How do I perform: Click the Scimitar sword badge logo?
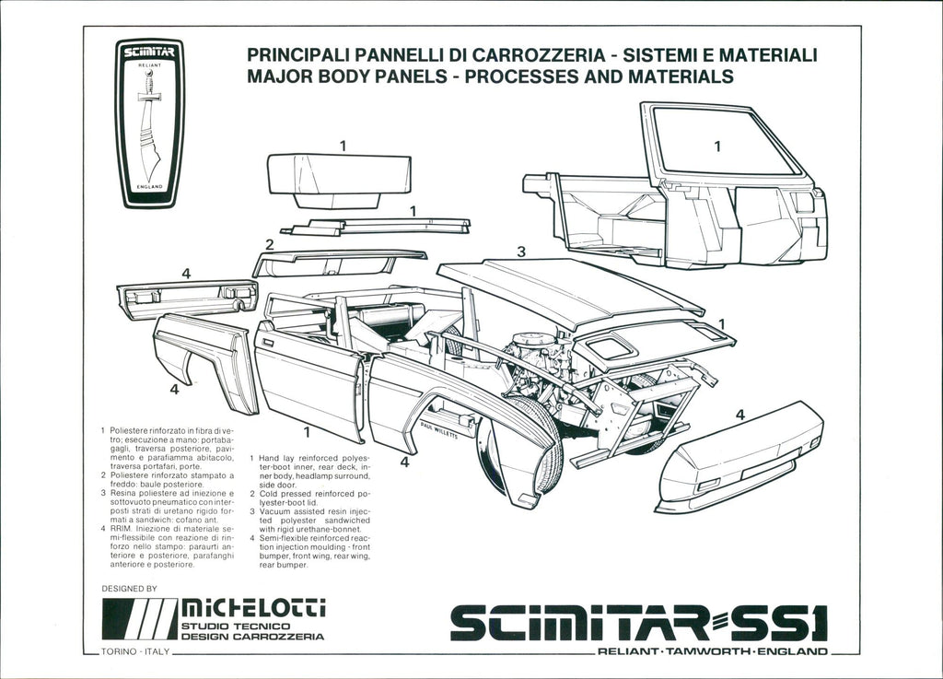tap(149, 123)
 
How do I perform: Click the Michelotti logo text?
tap(252, 607)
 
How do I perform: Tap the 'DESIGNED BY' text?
tap(129, 588)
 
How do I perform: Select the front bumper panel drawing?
tap(739, 456)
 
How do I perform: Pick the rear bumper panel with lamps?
tap(187, 298)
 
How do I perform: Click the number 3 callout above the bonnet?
tap(521, 252)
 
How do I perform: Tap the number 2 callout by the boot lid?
tap(269, 244)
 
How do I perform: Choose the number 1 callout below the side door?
tap(306, 430)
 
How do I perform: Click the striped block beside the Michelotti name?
tap(138, 618)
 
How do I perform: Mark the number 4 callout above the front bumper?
tap(739, 416)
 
